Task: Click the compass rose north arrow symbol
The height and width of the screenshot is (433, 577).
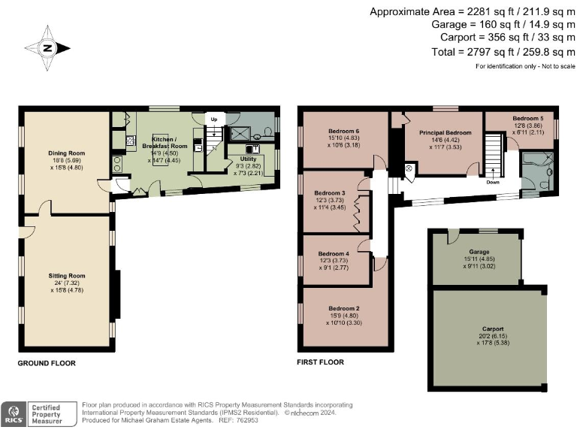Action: pyautogui.click(x=47, y=48)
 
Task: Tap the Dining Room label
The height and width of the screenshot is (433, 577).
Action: pyautogui.click(x=67, y=153)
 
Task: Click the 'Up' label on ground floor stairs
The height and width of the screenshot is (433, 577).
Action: pyautogui.click(x=213, y=120)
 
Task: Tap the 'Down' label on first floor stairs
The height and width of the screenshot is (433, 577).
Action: pyautogui.click(x=493, y=182)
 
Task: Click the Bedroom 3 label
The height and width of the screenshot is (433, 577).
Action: pyautogui.click(x=331, y=193)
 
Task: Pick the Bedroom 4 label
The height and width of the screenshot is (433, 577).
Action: pyautogui.click(x=333, y=253)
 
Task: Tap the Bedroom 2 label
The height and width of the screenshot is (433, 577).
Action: pyautogui.click(x=343, y=308)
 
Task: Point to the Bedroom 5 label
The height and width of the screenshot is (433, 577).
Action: pyautogui.click(x=528, y=119)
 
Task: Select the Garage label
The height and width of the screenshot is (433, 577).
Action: pyautogui.click(x=479, y=251)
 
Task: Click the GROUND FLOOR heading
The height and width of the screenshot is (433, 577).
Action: pyautogui.click(x=47, y=363)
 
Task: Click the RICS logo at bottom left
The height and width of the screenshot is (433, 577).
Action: pyautogui.click(x=13, y=413)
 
